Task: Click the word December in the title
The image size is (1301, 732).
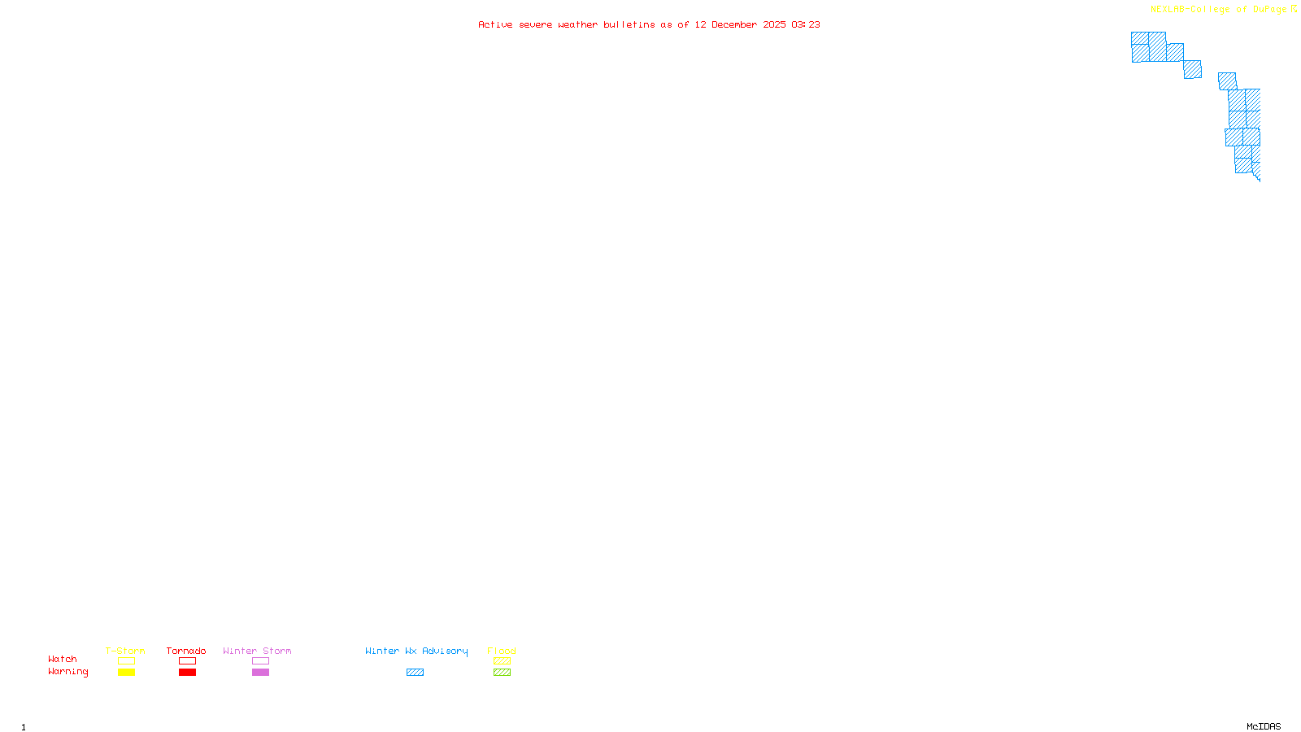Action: [734, 24]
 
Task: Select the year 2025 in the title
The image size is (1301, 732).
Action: [774, 24]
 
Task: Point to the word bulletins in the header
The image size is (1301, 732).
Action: [629, 24]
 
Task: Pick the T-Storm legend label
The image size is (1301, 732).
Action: [125, 651]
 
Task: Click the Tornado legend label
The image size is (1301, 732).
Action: [186, 651]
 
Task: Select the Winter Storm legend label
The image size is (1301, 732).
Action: [257, 651]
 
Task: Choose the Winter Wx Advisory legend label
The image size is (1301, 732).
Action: [416, 651]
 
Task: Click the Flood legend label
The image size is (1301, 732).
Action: [502, 651]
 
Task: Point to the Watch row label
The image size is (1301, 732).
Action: [63, 659]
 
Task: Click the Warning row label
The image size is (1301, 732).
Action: [67, 672]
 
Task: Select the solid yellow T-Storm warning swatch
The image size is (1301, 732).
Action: [126, 673]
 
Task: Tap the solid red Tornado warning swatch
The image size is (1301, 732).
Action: [188, 673]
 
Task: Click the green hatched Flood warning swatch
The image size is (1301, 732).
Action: [503, 673]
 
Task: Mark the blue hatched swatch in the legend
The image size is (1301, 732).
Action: [416, 673]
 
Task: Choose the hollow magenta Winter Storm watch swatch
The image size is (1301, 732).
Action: [261, 661]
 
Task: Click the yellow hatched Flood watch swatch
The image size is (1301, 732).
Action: [503, 661]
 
